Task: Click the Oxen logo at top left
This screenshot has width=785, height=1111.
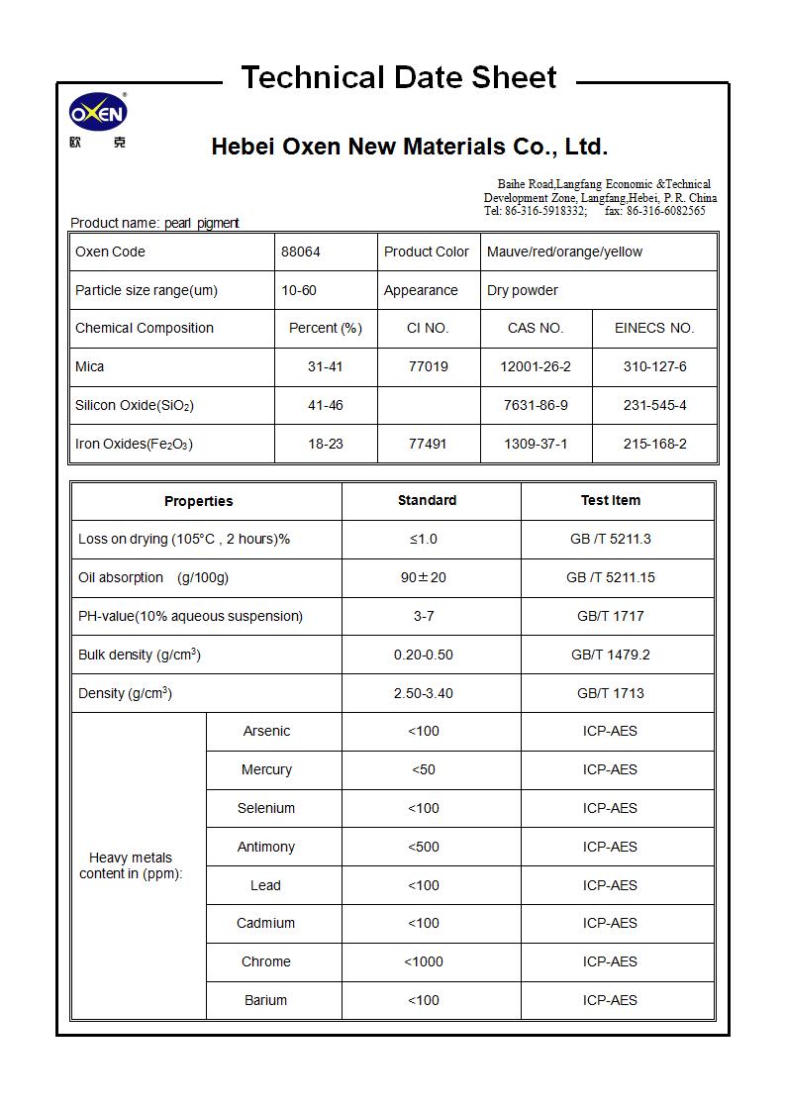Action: click(97, 117)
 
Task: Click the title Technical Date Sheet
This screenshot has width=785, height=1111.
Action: click(399, 77)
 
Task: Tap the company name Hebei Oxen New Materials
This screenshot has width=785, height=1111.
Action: click(409, 148)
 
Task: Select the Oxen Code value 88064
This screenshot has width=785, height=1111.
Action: click(301, 252)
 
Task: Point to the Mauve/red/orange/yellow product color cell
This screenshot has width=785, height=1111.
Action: click(564, 252)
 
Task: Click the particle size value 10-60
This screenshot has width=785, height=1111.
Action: click(299, 290)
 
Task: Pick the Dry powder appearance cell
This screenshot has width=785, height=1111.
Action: click(523, 290)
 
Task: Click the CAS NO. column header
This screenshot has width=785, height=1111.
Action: click(536, 328)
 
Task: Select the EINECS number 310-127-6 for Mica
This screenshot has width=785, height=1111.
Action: click(654, 366)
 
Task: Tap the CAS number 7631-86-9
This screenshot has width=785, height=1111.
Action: click(536, 405)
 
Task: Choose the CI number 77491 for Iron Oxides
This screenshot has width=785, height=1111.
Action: click(428, 444)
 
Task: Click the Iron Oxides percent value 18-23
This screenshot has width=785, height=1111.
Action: click(325, 444)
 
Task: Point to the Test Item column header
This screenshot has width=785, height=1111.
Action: click(610, 500)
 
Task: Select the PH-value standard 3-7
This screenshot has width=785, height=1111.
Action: click(424, 616)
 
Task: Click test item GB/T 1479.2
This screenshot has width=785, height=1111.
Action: click(610, 655)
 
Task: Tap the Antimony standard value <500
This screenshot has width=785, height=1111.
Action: click(424, 847)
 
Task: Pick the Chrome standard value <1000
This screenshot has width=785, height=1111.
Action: click(424, 961)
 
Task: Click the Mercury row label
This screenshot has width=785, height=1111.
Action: click(266, 769)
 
